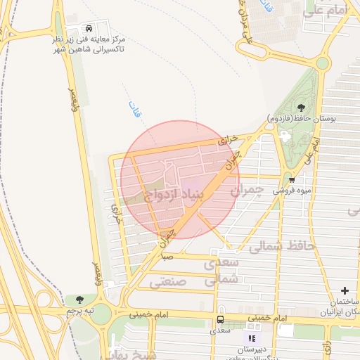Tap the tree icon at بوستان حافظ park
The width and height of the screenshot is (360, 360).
click(x=301, y=108)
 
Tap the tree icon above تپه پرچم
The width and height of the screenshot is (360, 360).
click(x=79, y=300)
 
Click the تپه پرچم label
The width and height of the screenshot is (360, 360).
click(x=79, y=310)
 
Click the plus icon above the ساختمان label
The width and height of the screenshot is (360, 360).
click(x=345, y=290)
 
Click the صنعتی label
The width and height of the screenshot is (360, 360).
click(x=167, y=281)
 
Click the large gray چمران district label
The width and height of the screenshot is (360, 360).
click(x=246, y=189)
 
